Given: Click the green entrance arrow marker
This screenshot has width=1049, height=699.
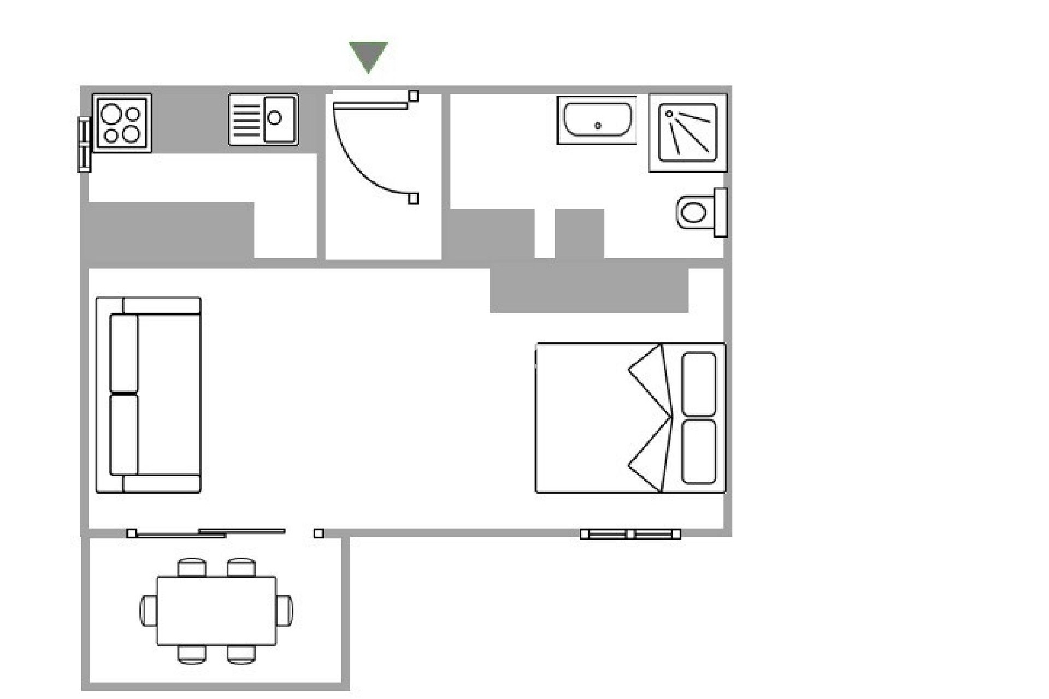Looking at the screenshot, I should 368,55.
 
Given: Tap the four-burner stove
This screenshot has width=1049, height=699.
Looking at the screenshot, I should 122,123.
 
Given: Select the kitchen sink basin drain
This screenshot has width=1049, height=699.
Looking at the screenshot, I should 274,117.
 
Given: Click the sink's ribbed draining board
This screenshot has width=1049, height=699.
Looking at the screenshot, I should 246,120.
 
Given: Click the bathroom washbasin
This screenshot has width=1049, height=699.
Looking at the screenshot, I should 597,120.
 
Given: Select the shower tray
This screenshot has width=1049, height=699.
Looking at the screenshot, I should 687,133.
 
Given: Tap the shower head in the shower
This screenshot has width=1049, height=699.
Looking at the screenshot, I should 669,114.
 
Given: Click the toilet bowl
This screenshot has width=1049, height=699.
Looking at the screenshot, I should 694,212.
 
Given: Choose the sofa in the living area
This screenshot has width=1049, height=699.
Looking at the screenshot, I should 149,395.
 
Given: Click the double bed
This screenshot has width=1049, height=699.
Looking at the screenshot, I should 601,418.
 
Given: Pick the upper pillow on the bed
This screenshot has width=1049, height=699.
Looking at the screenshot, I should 699,383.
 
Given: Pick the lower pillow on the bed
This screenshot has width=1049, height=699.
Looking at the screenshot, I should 699,452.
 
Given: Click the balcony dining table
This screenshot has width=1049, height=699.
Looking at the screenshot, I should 216,611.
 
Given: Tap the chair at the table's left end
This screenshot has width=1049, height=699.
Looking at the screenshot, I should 148,611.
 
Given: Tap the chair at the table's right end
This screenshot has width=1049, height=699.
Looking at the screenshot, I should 285,611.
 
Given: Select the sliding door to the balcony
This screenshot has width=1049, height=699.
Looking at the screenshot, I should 208,533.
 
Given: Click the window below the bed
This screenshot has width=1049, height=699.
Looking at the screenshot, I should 630,534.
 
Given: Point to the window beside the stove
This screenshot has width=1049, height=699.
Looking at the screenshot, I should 84,145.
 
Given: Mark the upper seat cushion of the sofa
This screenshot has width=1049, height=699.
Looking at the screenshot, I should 124,353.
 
